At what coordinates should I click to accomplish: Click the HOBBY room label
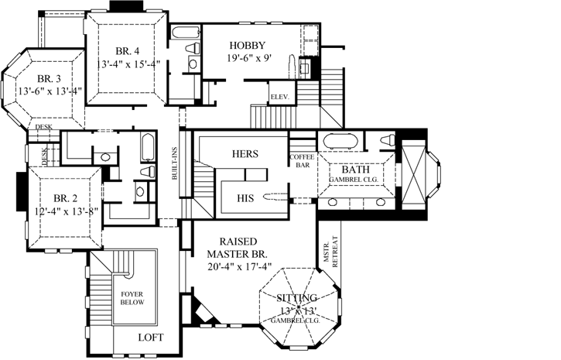click(248, 45)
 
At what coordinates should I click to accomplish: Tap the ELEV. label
click(279, 97)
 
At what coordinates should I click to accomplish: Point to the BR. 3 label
click(50, 77)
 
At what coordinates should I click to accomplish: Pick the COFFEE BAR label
click(302, 160)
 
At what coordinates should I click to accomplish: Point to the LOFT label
click(150, 338)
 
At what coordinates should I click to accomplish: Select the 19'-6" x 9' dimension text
click(248, 58)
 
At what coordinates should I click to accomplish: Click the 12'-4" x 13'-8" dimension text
click(54, 211)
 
